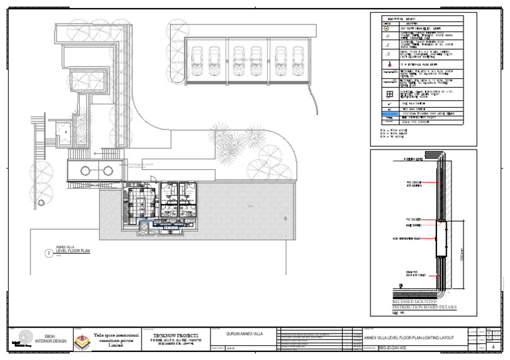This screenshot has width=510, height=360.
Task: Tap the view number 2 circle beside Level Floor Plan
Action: (48, 253)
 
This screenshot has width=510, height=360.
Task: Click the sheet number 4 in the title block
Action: (492, 347)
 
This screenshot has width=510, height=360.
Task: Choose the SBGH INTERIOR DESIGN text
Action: (48, 339)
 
